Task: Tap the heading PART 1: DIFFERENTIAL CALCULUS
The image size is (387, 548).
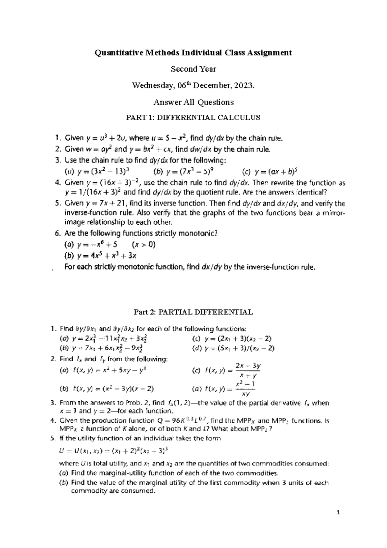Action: (x=193, y=118)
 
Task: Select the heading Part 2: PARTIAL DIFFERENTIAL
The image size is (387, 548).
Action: (x=193, y=312)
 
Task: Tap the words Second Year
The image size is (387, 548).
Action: (x=193, y=69)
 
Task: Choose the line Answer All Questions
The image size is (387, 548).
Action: (x=193, y=102)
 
